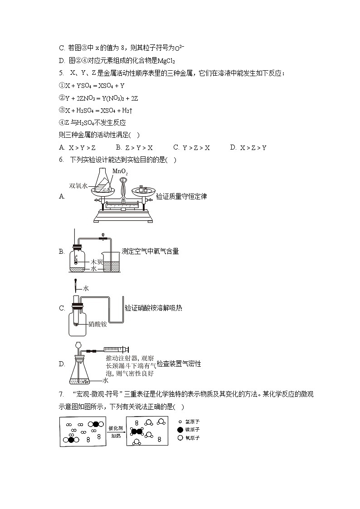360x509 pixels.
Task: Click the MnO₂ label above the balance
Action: (x=120, y=172)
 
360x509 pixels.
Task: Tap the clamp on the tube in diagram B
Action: (x=104, y=237)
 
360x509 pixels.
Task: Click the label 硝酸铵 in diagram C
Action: (x=97, y=324)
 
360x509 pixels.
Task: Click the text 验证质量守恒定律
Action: (x=181, y=196)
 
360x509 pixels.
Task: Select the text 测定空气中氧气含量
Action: (x=150, y=251)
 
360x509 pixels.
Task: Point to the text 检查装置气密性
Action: (x=179, y=364)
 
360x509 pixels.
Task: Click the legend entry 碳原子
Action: (x=189, y=429)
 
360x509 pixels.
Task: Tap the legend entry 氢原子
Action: (x=189, y=421)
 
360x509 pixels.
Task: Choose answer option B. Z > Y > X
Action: (x=134, y=147)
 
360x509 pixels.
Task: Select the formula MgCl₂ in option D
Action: (x=166, y=61)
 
